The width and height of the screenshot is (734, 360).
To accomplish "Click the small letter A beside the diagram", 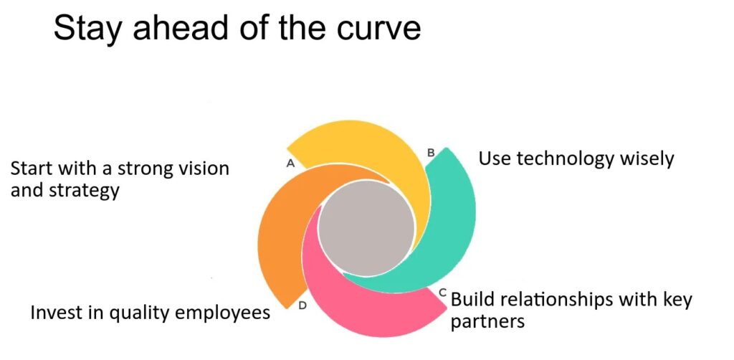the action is click(x=290, y=164).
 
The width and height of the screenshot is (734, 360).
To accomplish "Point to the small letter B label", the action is click(x=431, y=153).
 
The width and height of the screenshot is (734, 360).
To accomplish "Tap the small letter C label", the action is click(x=442, y=293).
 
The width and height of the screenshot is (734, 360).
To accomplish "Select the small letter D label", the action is click(x=302, y=306).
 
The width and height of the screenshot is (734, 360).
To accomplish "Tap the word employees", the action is click(x=224, y=313).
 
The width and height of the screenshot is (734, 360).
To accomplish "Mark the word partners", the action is click(x=487, y=323).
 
